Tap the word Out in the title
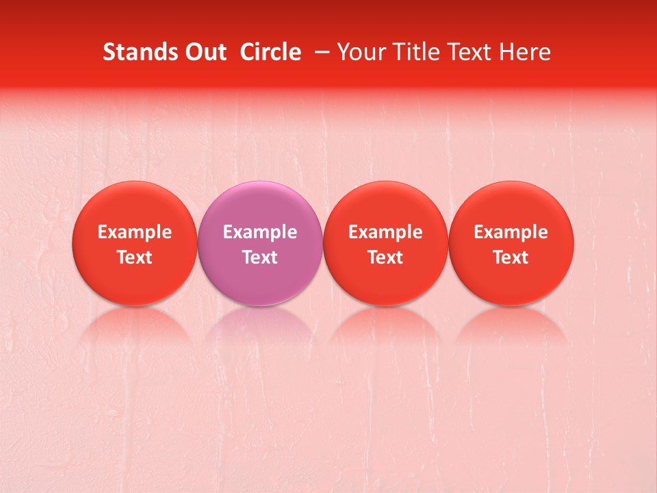click(203, 52)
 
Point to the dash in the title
click(324, 52)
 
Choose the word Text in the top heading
click(466, 52)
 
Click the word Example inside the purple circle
click(260, 232)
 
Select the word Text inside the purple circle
click(260, 257)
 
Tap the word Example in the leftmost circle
click(135, 232)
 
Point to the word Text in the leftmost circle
click(135, 257)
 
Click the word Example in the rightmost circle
click(511, 232)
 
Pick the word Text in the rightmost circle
click(511, 257)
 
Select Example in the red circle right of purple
click(385, 232)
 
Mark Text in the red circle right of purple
click(385, 257)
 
